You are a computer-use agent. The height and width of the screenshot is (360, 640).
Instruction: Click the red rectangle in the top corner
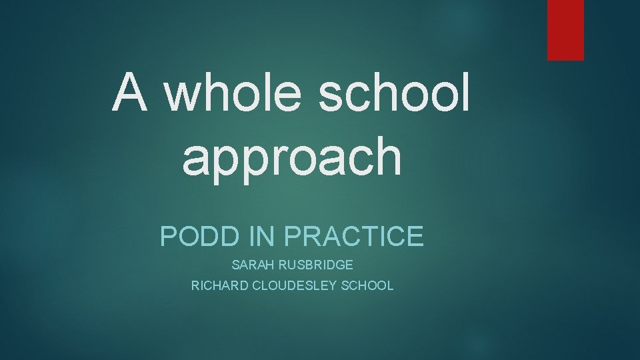pyautogui.click(x=565, y=30)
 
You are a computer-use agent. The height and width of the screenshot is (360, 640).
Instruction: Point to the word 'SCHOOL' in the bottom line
pyautogui.click(x=369, y=286)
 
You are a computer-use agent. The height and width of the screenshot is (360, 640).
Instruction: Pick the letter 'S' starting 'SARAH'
pyautogui.click(x=235, y=265)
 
